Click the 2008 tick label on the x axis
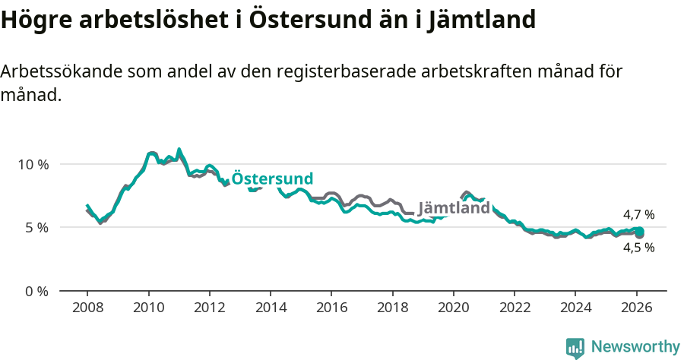[x=87, y=308]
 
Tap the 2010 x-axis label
[x=148, y=308]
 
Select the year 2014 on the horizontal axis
[x=271, y=308]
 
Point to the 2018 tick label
[x=392, y=308]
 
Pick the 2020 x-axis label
[x=453, y=308]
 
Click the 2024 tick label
[x=575, y=308]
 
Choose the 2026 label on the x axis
[x=636, y=308]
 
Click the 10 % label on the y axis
[x=33, y=164]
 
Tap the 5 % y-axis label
[x=36, y=227]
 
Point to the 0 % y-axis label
[x=36, y=291]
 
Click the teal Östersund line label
[x=272, y=178]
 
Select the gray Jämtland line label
[x=454, y=208]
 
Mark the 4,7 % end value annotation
[x=638, y=215]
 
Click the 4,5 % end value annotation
[x=638, y=248]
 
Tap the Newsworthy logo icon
[x=575, y=348]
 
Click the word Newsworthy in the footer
[x=635, y=347]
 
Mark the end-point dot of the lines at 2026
[x=639, y=232]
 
